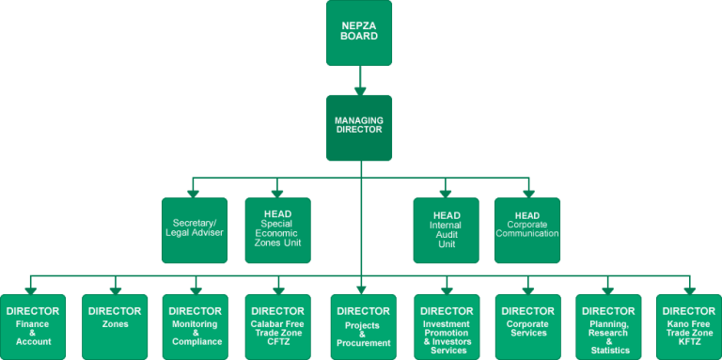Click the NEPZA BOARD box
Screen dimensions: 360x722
tap(359, 33)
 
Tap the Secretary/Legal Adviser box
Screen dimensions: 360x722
tap(194, 230)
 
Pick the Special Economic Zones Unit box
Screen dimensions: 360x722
tap(277, 230)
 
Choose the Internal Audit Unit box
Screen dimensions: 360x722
tap(446, 230)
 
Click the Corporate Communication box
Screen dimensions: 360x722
tap(527, 230)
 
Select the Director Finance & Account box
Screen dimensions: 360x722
tap(33, 325)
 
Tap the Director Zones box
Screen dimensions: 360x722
tap(115, 325)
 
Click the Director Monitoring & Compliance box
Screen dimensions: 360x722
tap(196, 325)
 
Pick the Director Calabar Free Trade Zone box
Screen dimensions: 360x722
tap(278, 325)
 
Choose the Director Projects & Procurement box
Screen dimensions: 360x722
tap(363, 325)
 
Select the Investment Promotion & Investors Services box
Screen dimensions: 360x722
tap(446, 325)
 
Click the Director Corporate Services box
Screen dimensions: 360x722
tap(527, 325)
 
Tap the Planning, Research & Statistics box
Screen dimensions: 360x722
tap(608, 325)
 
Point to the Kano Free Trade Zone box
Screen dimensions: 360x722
tap(689, 325)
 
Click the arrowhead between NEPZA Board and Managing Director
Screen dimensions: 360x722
tap(359, 90)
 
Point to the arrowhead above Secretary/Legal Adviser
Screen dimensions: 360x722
tap(194, 192)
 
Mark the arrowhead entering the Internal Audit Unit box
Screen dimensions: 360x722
tap(446, 192)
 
